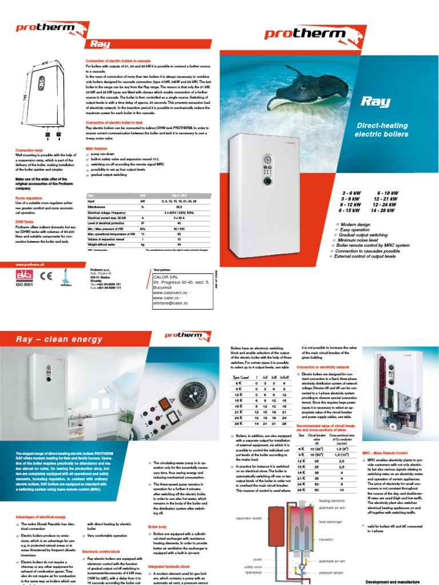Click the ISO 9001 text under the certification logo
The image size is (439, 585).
[26, 292]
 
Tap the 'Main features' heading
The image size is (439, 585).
[97, 148]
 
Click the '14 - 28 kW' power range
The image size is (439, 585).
[384, 211]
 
